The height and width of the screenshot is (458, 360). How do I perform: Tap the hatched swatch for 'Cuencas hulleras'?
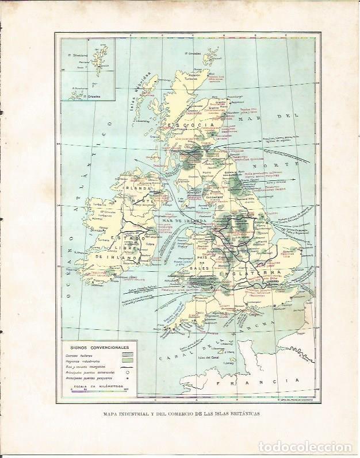pos(128,355)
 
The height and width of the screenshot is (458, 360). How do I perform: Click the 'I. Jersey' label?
pos(229,364)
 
